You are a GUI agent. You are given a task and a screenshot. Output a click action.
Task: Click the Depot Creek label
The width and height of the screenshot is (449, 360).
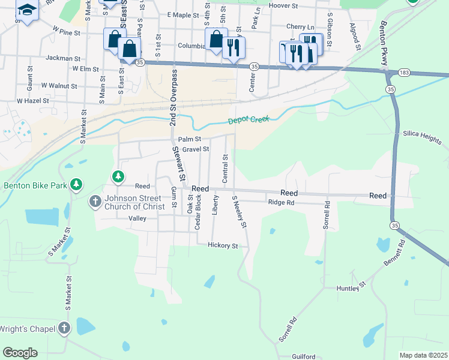tap(249, 121)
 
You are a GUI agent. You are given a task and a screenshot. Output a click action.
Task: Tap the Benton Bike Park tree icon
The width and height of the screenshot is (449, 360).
tap(76, 185)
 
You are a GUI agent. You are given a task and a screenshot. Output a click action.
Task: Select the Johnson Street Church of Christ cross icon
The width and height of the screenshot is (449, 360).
tap(95, 202)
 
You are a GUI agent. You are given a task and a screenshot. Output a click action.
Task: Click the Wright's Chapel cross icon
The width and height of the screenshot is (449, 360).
tap(65, 328)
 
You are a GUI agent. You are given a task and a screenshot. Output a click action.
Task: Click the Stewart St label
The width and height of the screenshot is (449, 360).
tap(178, 164)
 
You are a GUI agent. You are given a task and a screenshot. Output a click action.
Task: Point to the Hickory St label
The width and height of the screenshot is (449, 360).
tap(223, 245)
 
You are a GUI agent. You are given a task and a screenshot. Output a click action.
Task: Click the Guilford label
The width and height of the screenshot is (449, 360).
tap(304, 356)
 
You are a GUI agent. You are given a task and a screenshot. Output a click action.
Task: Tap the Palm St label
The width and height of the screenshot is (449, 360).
tap(189, 139)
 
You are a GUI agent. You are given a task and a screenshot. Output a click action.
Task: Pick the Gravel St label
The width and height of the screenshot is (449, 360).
tap(196, 149)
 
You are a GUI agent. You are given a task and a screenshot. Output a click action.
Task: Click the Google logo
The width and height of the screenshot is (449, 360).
tap(20, 352)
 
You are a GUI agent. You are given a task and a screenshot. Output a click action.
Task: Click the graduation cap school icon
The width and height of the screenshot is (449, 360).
tap(26, 10)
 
